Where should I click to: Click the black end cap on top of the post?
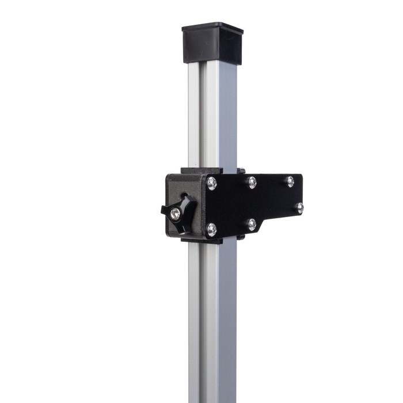click(x=212, y=45)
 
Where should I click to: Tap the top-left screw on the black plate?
click(x=212, y=184)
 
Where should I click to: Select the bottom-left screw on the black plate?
click(x=212, y=229)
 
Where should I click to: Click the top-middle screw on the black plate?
click(x=252, y=183)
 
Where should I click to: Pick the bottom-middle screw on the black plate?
click(x=252, y=224)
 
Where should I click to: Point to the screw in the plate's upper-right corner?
click(x=290, y=181)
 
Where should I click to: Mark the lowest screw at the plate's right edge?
click(x=299, y=208)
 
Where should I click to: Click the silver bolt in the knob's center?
click(x=175, y=214)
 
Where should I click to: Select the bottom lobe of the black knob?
click(x=183, y=227)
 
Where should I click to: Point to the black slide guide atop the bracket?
click(x=201, y=171)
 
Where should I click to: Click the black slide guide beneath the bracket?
click(x=201, y=240)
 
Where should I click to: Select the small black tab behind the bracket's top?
click(x=241, y=171)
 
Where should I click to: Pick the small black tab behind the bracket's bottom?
click(x=241, y=237)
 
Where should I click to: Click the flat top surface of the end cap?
click(x=212, y=27)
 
